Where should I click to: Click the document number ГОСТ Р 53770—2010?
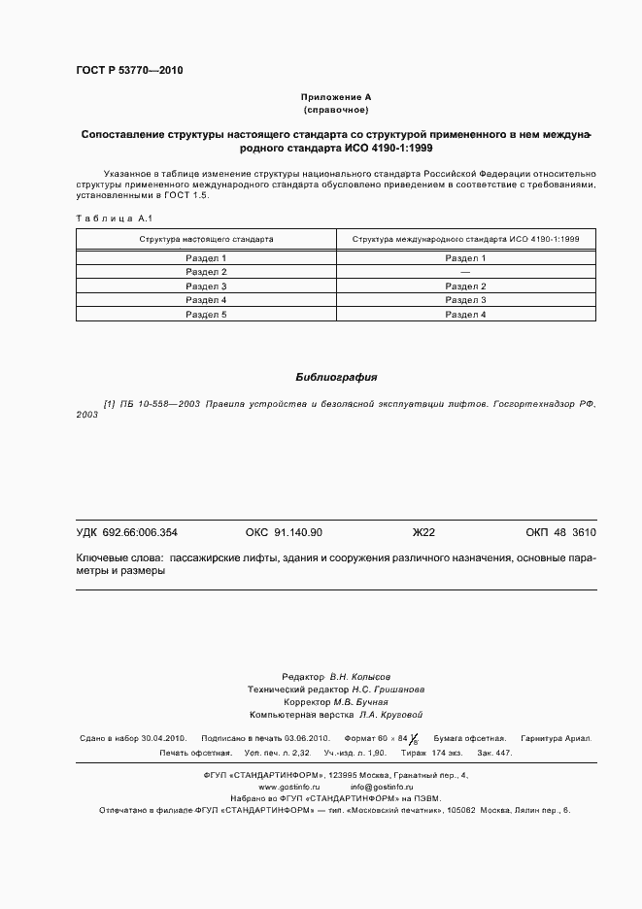pos(129,71)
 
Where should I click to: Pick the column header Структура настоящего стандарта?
pos(206,238)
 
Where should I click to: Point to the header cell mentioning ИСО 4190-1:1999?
pos(465,238)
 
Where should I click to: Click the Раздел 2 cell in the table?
pos(206,272)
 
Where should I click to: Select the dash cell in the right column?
pos(465,272)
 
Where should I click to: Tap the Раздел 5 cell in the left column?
pos(206,315)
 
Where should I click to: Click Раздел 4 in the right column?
pos(465,315)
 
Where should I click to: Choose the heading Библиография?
pos(336,376)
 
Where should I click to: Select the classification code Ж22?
pos(423,532)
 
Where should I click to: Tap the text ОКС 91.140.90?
pos(284,532)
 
